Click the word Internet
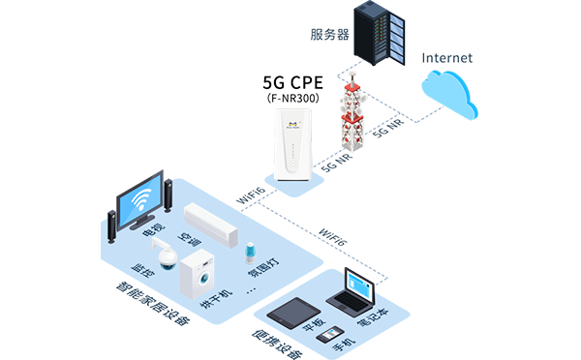(x=448, y=57)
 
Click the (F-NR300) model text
(x=293, y=98)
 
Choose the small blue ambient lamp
(x=249, y=247)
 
